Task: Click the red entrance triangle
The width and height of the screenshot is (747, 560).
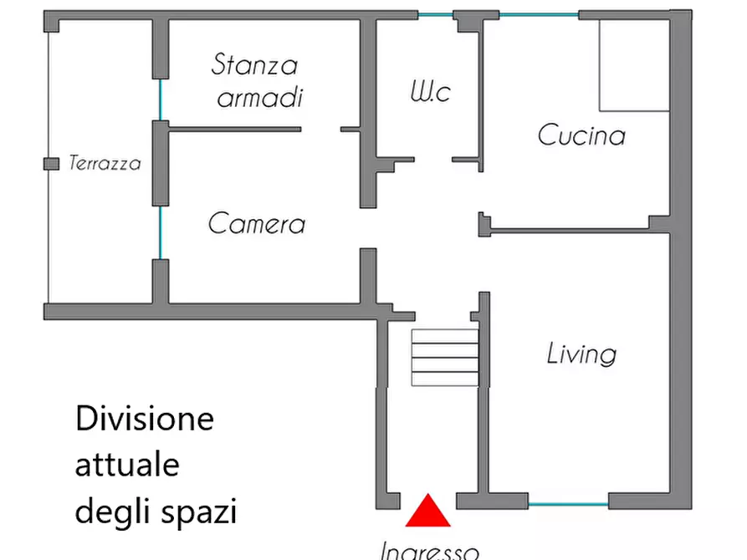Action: [x=428, y=512]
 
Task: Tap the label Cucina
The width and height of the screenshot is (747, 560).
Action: [x=581, y=135]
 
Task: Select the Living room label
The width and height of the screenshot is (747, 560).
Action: [x=581, y=354]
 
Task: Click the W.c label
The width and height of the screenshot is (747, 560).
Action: [x=429, y=91]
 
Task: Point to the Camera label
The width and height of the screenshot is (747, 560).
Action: [x=256, y=224]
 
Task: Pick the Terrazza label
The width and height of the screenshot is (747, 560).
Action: [x=105, y=164]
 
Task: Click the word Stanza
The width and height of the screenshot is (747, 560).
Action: [x=254, y=64]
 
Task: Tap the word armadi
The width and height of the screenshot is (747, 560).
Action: [x=259, y=98]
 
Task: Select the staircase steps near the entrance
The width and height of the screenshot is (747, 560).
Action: [x=444, y=357]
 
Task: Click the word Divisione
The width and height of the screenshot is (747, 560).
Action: [x=145, y=418]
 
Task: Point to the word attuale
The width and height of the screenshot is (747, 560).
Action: [x=127, y=464]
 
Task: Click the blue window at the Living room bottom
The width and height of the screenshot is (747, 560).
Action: [x=568, y=504]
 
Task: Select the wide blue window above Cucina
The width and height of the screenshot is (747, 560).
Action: [x=539, y=15]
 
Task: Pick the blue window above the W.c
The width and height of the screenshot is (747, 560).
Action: [x=435, y=15]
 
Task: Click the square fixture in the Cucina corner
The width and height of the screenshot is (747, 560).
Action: [x=634, y=65]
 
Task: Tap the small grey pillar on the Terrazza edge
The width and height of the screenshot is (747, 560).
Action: [x=51, y=163]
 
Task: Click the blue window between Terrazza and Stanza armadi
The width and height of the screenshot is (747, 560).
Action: [x=160, y=99]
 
